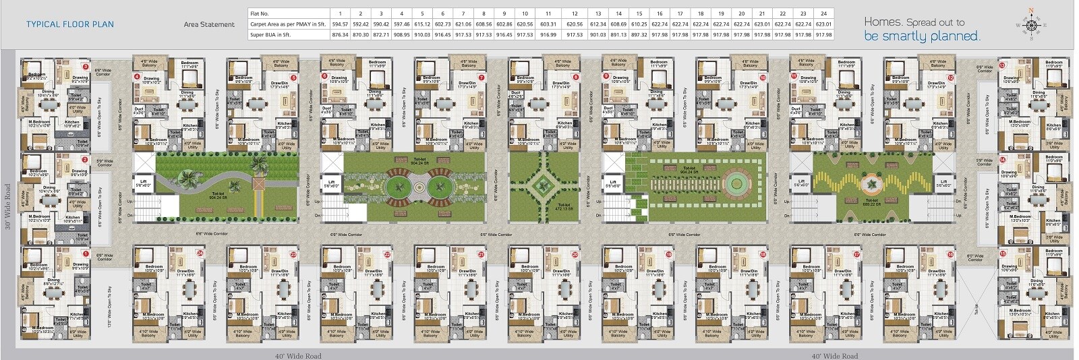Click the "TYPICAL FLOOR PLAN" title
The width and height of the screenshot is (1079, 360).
(70, 24)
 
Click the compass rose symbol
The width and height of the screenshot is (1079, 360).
(1030, 25)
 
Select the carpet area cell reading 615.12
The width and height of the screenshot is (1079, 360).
(422, 24)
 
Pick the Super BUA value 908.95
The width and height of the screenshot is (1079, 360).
(401, 34)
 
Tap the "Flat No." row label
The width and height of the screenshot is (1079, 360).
(260, 13)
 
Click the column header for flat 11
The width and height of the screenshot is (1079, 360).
(548, 13)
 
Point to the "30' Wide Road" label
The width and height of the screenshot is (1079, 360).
(8, 207)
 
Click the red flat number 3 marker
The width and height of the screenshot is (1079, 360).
(86, 67)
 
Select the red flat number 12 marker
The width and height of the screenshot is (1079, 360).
(951, 78)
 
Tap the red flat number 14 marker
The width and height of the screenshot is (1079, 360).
(1003, 160)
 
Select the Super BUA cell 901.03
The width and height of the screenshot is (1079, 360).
(597, 34)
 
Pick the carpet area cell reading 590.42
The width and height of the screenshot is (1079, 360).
(381, 24)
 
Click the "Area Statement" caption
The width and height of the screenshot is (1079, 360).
(209, 24)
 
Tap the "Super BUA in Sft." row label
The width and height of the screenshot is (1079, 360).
(270, 34)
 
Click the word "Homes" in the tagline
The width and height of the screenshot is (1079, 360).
(882, 22)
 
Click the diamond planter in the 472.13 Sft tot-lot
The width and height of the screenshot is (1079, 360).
(544, 183)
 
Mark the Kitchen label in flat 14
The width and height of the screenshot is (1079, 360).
(1053, 220)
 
